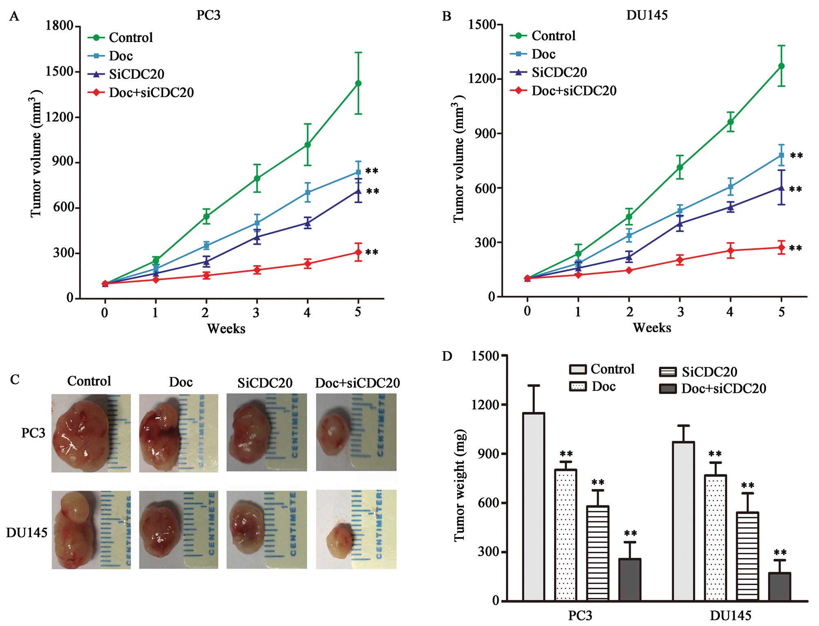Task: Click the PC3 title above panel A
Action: (x=208, y=15)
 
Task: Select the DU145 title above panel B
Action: (x=647, y=15)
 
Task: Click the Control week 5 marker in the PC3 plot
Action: (x=358, y=83)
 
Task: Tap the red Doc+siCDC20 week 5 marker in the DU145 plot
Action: (x=781, y=248)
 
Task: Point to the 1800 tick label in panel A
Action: (x=60, y=26)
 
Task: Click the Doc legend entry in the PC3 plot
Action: (x=121, y=55)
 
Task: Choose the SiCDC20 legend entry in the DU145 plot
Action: (x=559, y=72)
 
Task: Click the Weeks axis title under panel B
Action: (x=652, y=327)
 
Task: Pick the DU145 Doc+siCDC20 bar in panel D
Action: (x=779, y=586)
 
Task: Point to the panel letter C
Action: (x=15, y=379)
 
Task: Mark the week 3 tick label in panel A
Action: (x=257, y=312)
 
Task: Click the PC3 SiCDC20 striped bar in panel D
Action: (x=598, y=553)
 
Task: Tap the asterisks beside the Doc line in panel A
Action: (x=372, y=171)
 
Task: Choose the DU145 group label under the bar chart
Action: (x=730, y=615)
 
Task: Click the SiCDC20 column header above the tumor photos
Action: (x=265, y=383)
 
